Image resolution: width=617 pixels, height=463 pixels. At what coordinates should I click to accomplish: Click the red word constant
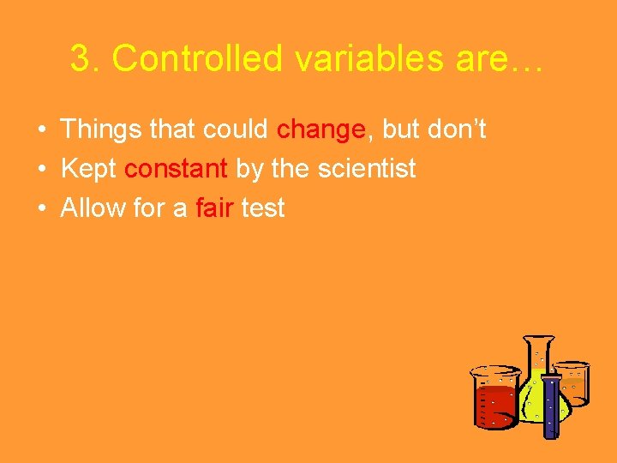click(176, 169)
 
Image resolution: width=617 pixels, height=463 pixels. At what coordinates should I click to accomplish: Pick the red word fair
click(214, 208)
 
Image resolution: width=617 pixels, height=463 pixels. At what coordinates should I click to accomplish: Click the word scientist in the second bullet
click(367, 169)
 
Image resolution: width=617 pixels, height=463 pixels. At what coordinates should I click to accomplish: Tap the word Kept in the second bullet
click(88, 169)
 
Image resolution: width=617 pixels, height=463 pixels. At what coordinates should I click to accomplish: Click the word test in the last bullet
click(263, 208)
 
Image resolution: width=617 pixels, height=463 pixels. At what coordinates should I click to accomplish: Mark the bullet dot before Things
click(42, 130)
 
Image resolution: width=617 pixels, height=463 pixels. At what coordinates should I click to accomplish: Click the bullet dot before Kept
click(42, 170)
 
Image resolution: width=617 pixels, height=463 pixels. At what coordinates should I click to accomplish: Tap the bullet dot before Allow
click(42, 209)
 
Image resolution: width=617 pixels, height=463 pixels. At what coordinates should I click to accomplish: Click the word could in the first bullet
click(237, 129)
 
